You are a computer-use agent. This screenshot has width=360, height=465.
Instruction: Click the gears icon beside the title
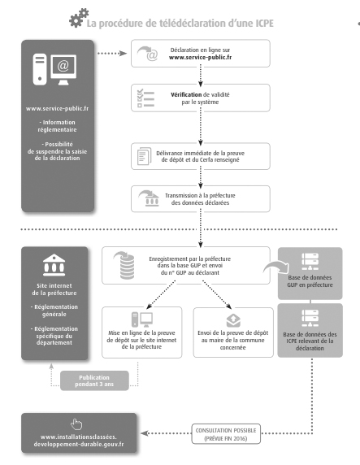coord(79,18)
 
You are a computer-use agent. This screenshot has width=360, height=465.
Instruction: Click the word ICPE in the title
coord(264,23)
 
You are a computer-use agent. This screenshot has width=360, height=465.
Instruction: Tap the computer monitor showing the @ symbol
coord(63,69)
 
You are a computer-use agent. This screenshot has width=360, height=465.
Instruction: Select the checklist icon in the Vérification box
coord(145,98)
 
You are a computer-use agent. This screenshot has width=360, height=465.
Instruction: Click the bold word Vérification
coord(186,94)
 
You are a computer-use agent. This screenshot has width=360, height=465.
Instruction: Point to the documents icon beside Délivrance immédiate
coord(144,156)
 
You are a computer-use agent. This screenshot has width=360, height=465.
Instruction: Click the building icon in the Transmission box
coord(149,198)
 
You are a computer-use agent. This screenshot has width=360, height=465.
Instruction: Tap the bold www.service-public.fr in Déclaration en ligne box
coord(200,57)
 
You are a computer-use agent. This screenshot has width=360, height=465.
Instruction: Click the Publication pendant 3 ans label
coord(94,380)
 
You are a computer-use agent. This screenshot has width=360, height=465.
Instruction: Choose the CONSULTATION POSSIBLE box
coord(226,434)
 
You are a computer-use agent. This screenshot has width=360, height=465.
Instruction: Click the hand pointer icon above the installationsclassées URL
coord(76,424)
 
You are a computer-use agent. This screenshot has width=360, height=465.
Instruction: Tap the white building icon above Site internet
coord(54,265)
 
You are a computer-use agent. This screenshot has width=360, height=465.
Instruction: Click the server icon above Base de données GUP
coord(310,262)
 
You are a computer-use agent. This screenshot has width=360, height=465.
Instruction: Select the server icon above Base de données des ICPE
coord(310,318)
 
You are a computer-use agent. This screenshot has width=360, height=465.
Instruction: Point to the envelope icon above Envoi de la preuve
coord(233,320)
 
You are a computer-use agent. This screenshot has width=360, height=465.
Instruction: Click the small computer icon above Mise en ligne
coord(142,319)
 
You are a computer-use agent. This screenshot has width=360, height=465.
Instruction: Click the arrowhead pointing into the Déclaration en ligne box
coord(123,54)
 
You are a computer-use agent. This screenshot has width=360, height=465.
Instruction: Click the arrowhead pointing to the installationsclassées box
coord(145,433)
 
